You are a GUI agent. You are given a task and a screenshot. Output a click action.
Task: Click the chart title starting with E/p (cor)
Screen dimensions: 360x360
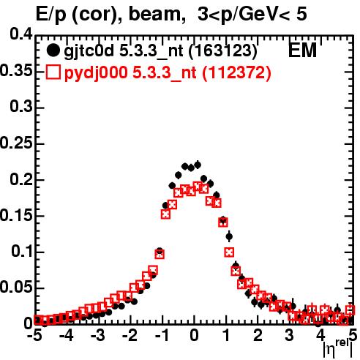point(171,14)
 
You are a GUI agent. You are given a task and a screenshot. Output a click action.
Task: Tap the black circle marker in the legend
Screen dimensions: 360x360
point(53,51)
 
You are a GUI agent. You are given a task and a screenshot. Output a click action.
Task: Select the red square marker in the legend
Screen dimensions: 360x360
point(53,72)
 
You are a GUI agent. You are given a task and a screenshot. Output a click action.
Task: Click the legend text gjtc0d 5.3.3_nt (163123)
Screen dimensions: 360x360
point(160,51)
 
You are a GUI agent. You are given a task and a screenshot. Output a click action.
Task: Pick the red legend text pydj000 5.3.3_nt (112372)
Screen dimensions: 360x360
point(168,72)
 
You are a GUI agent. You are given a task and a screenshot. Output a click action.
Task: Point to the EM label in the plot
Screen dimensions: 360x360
point(302,50)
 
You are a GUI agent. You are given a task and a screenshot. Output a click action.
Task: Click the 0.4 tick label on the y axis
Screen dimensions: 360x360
point(21,34)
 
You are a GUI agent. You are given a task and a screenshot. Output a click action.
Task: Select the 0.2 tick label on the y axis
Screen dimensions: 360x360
point(21,179)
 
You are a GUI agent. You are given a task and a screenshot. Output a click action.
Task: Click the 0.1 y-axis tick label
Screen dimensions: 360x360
point(22,251)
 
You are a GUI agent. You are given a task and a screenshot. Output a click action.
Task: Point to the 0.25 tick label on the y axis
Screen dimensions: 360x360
point(16,143)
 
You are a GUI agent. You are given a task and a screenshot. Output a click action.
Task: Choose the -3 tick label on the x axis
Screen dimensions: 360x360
point(98,336)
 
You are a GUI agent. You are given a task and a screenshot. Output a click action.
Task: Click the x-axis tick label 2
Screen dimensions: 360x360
point(258,336)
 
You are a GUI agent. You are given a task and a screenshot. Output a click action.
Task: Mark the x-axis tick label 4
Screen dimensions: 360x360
point(321,336)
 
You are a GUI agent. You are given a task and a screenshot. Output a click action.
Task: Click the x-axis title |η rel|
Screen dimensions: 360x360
point(338,349)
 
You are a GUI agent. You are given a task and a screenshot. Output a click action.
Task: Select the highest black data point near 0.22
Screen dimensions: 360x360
point(198,165)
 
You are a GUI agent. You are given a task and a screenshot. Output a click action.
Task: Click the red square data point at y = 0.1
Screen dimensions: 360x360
point(229,252)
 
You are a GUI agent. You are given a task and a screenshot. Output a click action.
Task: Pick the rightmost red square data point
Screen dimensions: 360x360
point(350,310)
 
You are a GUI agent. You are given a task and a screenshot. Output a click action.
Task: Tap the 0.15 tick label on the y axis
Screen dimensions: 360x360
point(16,215)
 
